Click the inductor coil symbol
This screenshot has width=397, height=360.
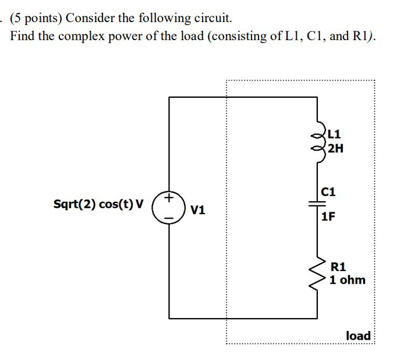click(319, 140)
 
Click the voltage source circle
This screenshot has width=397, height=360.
click(169, 208)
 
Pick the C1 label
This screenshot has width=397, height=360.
click(329, 191)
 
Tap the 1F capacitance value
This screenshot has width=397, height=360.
click(328, 217)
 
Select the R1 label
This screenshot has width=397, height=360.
click(338, 267)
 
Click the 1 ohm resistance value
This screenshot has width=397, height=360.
click(347, 280)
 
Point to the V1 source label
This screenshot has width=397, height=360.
click(198, 210)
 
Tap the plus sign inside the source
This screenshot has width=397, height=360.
click(169, 199)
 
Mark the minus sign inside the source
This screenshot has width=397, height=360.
click(169, 217)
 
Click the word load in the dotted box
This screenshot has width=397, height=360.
click(358, 336)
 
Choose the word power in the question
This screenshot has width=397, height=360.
click(120, 36)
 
